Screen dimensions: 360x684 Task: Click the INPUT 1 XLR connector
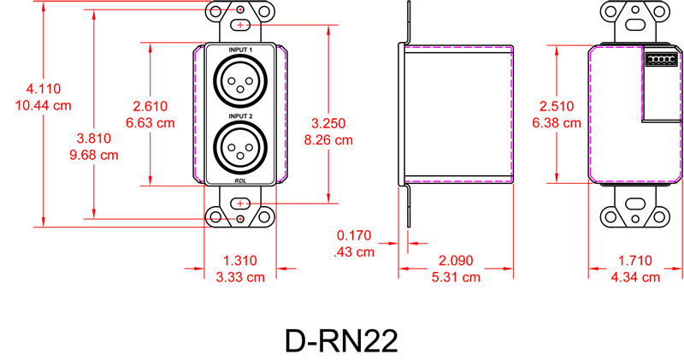(x=240, y=83)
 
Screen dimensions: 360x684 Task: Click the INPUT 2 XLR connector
(x=240, y=147)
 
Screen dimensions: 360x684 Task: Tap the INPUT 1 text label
(x=240, y=51)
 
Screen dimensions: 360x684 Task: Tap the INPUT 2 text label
(x=240, y=115)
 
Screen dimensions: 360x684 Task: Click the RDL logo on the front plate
(x=240, y=180)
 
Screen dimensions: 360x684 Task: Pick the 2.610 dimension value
(x=150, y=106)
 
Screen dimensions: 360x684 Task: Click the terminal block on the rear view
(x=661, y=59)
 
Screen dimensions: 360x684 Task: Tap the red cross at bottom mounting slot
(x=240, y=204)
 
